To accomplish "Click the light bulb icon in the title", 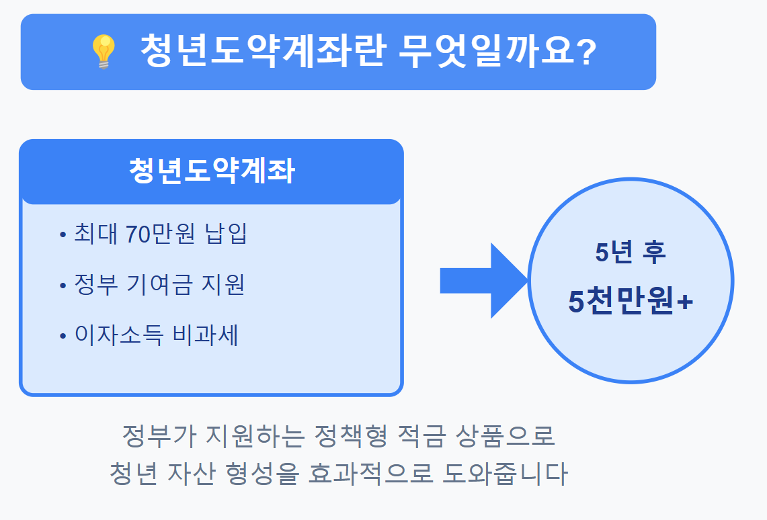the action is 103,52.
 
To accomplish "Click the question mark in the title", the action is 586,52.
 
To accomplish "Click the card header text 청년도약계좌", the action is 211,171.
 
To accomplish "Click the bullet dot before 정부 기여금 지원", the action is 63,285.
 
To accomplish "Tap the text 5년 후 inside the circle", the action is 630,252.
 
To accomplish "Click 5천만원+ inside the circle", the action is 630,302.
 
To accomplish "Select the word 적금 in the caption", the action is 425,437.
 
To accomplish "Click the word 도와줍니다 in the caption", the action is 506,474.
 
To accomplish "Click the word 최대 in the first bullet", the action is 95,234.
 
